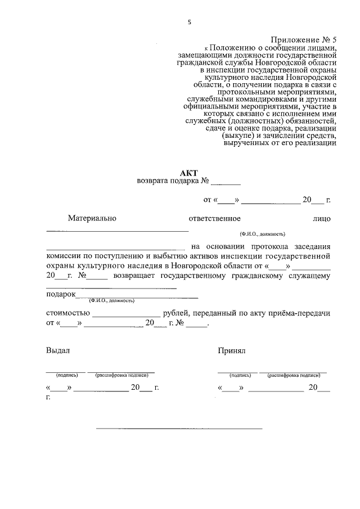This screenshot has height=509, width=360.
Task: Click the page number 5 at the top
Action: pyautogui.click(x=190, y=22)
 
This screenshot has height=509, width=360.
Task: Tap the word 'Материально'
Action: pyautogui.click(x=92, y=218)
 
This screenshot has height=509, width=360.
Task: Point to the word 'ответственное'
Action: pyautogui.click(x=215, y=218)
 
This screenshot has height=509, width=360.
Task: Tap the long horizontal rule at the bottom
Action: pyautogui.click(x=179, y=429)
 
